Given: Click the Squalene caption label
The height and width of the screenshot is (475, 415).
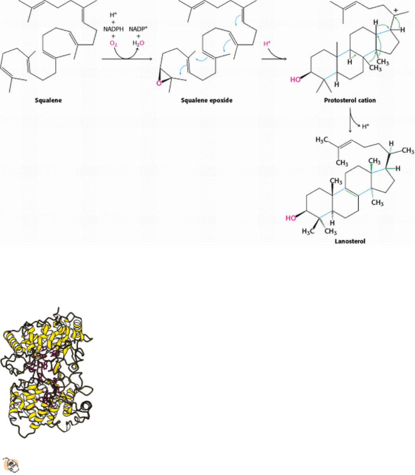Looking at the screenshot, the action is click(x=48, y=100).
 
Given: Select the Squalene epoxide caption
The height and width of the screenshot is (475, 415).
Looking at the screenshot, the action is click(x=207, y=100).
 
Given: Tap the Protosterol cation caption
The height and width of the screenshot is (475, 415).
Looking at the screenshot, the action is click(x=350, y=100).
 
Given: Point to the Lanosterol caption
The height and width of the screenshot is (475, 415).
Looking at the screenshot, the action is click(x=350, y=241).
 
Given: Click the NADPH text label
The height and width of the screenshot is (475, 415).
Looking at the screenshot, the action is click(x=113, y=29).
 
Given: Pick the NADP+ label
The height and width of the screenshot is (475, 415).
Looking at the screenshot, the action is click(x=138, y=29).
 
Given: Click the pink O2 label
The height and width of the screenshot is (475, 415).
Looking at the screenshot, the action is click(x=113, y=44).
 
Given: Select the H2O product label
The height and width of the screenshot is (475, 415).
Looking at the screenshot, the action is click(x=138, y=43).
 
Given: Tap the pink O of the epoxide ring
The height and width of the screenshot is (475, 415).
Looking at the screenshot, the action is click(x=159, y=83).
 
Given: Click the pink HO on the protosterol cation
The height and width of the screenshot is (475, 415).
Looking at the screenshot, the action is click(x=295, y=79).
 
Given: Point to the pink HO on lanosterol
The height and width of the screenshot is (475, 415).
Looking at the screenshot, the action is click(x=291, y=218).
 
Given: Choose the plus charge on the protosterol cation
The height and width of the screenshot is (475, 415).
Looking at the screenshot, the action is click(x=396, y=11).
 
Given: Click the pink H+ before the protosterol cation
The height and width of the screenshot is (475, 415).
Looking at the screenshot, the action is click(x=267, y=44).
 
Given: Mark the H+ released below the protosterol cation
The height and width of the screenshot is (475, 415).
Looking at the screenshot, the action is click(x=366, y=126).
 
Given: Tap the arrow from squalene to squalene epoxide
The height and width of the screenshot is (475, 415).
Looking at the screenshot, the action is click(x=127, y=58).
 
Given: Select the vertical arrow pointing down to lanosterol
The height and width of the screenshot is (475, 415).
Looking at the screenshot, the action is click(x=350, y=120).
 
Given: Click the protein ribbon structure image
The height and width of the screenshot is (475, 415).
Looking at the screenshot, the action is click(x=47, y=372).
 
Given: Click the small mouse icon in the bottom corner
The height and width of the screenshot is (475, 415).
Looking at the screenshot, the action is click(x=11, y=465).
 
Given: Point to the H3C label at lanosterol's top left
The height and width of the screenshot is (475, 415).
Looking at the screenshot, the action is click(x=322, y=140).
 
